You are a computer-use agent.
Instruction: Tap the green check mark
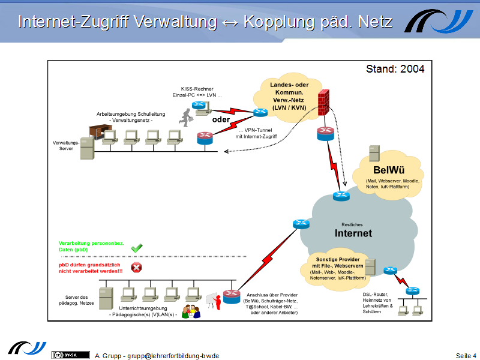click(x=136, y=247)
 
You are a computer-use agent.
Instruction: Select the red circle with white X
click(x=136, y=268)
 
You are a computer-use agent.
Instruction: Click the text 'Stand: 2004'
click(x=395, y=69)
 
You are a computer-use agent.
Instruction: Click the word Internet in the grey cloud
click(x=353, y=233)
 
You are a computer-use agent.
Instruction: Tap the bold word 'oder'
click(x=221, y=118)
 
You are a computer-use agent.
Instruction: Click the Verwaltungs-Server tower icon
click(x=88, y=148)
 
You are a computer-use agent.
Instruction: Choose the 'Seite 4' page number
click(x=466, y=356)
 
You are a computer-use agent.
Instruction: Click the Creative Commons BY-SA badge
click(x=66, y=355)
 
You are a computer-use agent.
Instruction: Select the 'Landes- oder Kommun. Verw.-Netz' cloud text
click(x=281, y=97)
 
